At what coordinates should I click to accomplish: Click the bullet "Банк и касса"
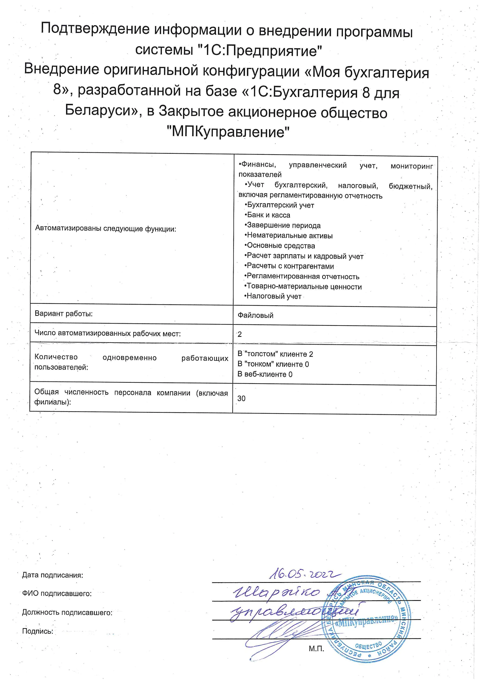click(x=268, y=215)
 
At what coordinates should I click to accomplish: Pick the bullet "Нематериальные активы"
click(x=289, y=236)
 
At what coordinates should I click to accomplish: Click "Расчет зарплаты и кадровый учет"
click(x=304, y=256)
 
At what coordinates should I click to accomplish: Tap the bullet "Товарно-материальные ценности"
click(x=303, y=287)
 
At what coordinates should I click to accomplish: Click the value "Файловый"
click(x=255, y=315)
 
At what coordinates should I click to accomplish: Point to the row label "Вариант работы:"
click(x=64, y=314)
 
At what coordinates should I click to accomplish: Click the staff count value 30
click(x=241, y=398)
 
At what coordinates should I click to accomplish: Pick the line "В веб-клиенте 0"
click(x=265, y=374)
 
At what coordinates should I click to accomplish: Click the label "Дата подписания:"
click(x=52, y=575)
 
